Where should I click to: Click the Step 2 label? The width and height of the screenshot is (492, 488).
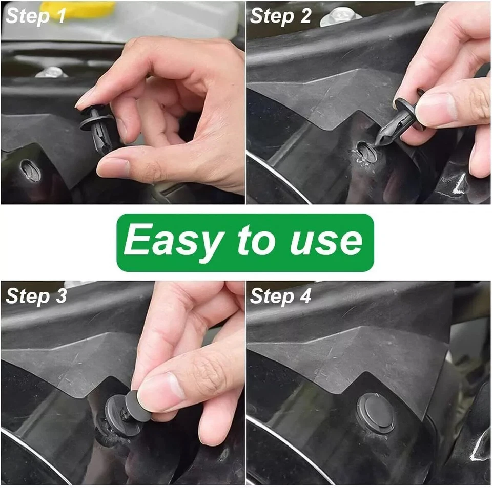point(280,16)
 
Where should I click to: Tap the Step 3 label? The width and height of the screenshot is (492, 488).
point(36,296)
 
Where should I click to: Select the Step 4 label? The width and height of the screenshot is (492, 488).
point(280,296)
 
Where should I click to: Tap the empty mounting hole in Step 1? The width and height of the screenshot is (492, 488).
point(30,170)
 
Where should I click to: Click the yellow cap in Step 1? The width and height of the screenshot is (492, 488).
point(77,9)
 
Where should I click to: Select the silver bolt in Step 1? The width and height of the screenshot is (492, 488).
point(51,72)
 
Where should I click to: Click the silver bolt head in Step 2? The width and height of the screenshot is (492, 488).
point(341,16)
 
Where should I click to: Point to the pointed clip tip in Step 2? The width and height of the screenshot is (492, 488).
point(378,142)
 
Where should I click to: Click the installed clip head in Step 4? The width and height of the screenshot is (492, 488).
point(376,413)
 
